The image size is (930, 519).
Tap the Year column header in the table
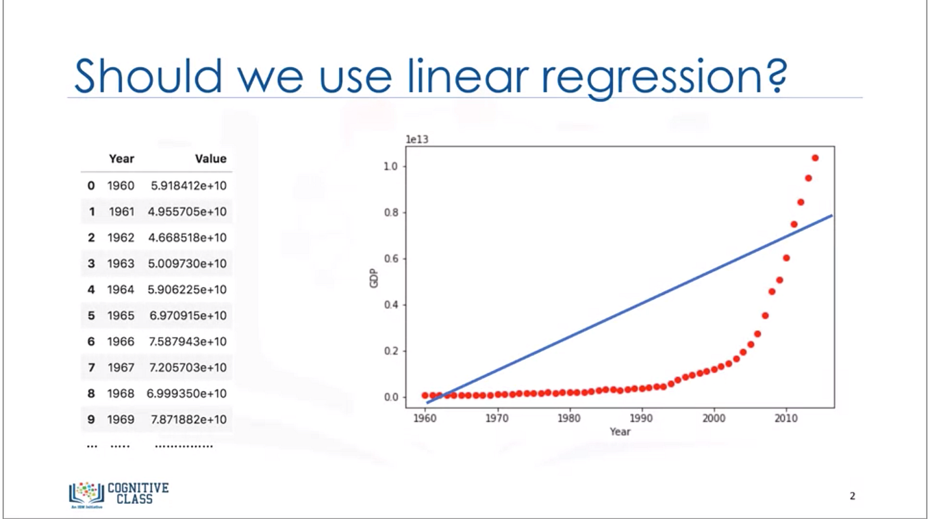121,159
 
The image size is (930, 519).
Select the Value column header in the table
210,159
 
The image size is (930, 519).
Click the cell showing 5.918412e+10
187,186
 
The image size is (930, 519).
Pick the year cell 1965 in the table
121,316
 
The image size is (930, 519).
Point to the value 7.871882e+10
188,419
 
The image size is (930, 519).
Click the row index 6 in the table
91,342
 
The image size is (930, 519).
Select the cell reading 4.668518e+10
187,238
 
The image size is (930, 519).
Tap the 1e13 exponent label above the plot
417,139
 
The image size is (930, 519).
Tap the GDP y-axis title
374,281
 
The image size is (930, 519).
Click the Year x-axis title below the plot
620,431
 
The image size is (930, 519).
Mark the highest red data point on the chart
815,158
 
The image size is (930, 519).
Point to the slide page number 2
852,496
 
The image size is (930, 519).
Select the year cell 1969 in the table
121,419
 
